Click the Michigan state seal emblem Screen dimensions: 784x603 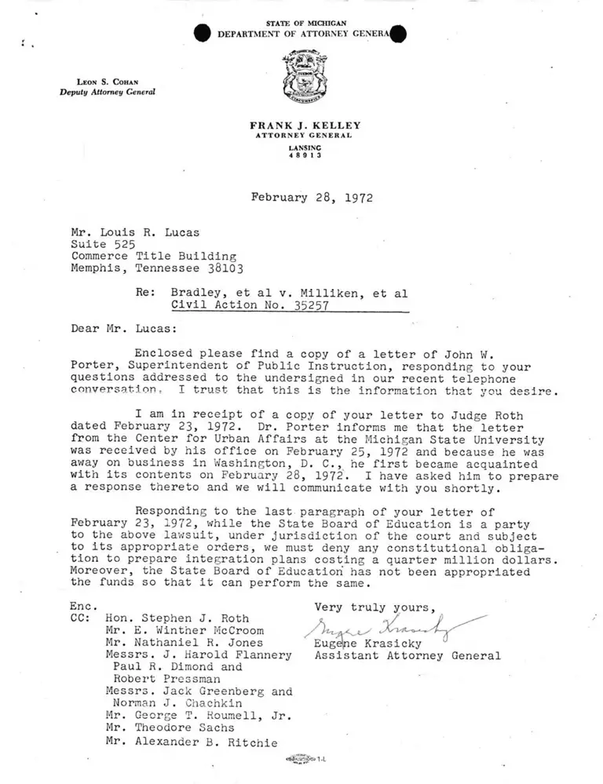click(300, 78)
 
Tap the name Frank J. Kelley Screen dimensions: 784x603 click(300, 126)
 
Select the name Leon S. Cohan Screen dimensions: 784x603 click(108, 82)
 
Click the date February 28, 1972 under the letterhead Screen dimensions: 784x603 click(312, 198)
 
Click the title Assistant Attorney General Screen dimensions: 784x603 click(407, 656)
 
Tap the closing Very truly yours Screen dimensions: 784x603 click(374, 607)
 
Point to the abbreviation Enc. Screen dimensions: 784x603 click(83, 606)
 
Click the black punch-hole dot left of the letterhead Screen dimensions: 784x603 click(203, 34)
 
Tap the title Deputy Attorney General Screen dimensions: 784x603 click(108, 93)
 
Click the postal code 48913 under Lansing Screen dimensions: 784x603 click(300, 155)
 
